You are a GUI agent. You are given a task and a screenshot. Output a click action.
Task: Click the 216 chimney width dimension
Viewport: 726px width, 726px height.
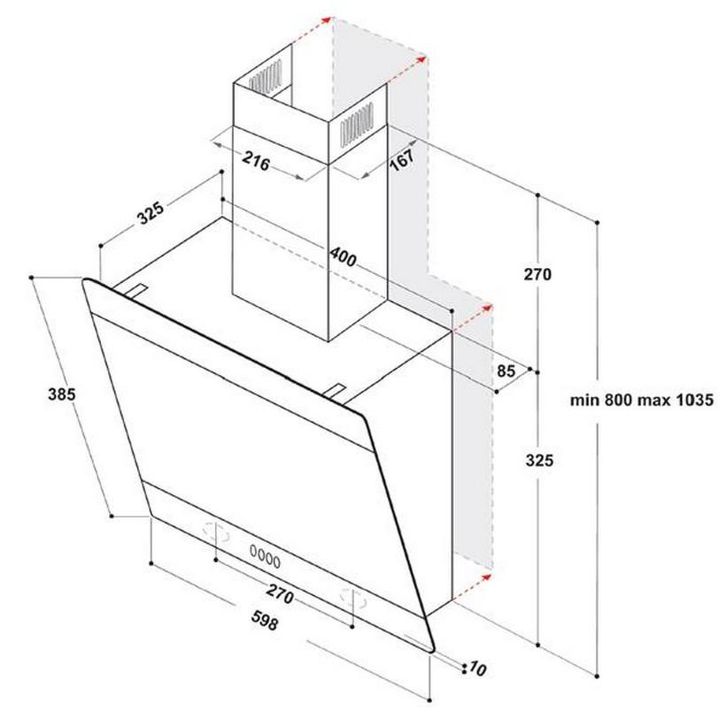[x=256, y=161]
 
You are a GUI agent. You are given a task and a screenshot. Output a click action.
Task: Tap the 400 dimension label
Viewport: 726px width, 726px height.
[x=343, y=257]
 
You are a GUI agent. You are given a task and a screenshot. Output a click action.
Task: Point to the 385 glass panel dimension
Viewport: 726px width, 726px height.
[x=62, y=395]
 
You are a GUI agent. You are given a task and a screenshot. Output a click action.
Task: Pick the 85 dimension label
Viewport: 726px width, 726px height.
[x=506, y=371]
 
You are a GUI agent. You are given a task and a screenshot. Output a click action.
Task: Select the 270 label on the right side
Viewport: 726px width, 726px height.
[x=538, y=274]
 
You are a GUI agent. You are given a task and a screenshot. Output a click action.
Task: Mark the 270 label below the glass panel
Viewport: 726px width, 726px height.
[x=280, y=593]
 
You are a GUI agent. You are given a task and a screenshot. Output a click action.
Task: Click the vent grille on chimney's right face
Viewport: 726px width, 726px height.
[x=357, y=124]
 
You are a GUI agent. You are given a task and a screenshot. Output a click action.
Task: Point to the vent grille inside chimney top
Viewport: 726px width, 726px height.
[x=265, y=76]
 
